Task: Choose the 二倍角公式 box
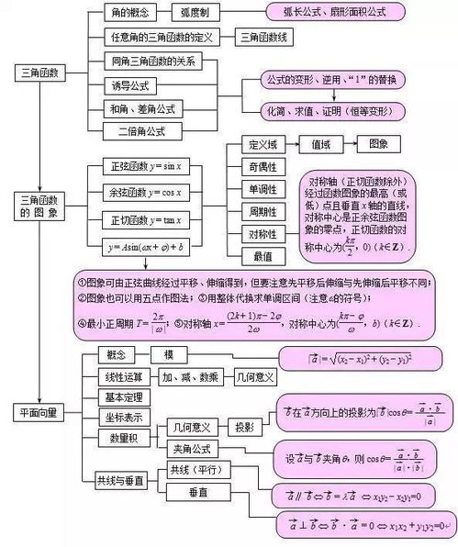(141, 130)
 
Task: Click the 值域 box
(326, 144)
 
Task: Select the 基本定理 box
(120, 396)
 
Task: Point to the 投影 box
(244, 428)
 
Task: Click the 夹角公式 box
(192, 449)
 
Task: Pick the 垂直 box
(198, 493)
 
